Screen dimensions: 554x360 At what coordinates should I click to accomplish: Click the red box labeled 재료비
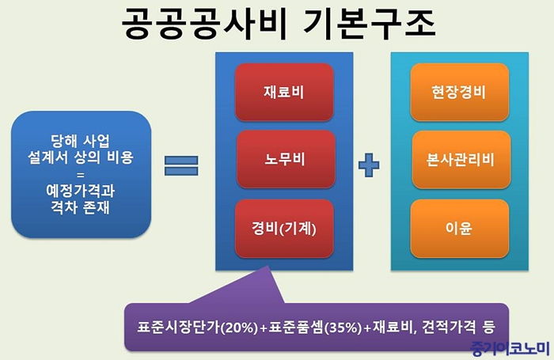tap(284, 93)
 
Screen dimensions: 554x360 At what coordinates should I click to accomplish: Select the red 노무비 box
tap(286, 159)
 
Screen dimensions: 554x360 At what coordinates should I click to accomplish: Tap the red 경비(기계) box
tap(284, 229)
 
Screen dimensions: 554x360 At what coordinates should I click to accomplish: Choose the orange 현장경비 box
tap(459, 93)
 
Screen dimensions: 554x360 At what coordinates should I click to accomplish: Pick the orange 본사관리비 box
tap(461, 159)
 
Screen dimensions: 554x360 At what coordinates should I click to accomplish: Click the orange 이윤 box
tap(459, 229)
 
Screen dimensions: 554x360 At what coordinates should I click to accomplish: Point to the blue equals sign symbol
tap(181, 165)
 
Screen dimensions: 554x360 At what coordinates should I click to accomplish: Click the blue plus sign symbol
tap(369, 165)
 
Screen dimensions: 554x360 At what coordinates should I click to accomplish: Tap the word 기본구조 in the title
tap(370, 24)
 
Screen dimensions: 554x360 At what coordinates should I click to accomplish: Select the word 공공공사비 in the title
tap(204, 24)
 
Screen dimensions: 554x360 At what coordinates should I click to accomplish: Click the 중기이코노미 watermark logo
tap(510, 348)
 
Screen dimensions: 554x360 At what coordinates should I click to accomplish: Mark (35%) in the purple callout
tap(343, 328)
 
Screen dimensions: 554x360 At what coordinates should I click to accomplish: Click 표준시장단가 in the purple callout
tap(179, 327)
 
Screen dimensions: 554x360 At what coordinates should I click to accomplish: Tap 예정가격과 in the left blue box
tap(81, 191)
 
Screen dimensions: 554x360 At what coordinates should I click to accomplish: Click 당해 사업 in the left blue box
tap(81, 141)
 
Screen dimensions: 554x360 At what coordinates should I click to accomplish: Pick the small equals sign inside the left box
tap(81, 175)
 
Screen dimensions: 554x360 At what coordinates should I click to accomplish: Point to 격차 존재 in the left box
tap(81, 207)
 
